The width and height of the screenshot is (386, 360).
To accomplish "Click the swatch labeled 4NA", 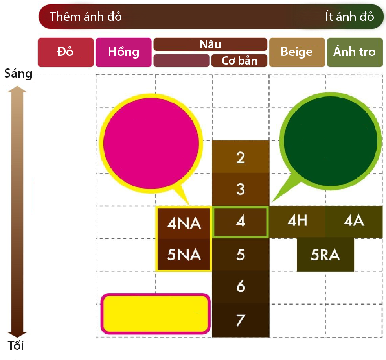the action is [184, 223].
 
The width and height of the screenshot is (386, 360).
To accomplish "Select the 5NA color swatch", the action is [184, 255].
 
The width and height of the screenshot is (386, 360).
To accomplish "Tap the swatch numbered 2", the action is [241, 157].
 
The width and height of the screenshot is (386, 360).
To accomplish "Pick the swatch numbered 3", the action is [241, 189].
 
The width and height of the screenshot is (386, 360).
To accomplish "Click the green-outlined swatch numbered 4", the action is [241, 222].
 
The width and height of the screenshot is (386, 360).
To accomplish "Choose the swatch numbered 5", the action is [241, 255].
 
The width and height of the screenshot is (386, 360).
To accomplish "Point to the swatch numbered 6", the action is [241, 287].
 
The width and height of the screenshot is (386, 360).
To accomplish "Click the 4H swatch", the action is [297, 222].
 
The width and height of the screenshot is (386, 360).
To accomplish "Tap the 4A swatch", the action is [354, 222].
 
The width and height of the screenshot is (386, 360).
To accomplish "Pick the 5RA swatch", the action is [325, 255].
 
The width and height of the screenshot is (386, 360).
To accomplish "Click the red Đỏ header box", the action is [66, 52].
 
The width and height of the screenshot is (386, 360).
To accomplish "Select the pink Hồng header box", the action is [123, 52].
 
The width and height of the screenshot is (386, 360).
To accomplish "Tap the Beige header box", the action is [297, 52].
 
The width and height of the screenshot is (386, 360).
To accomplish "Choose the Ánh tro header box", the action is [355, 52].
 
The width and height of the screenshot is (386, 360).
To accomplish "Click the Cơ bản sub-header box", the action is [239, 61].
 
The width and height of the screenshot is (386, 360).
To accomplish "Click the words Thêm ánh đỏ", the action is [86, 17].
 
